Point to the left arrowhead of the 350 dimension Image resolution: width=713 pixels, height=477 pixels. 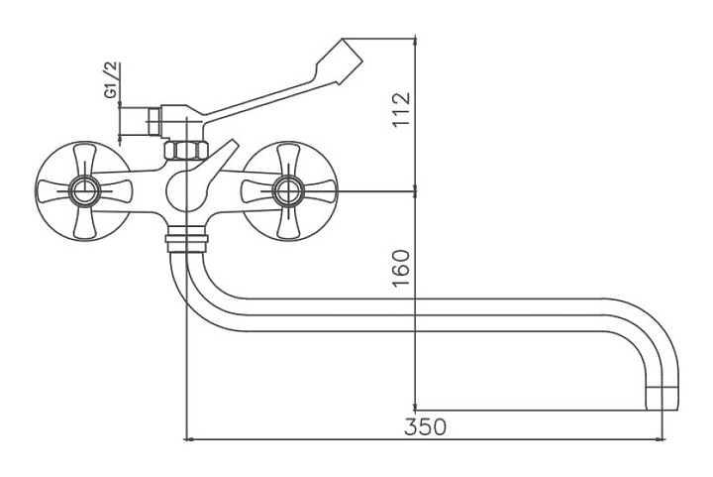click(x=190, y=437)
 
